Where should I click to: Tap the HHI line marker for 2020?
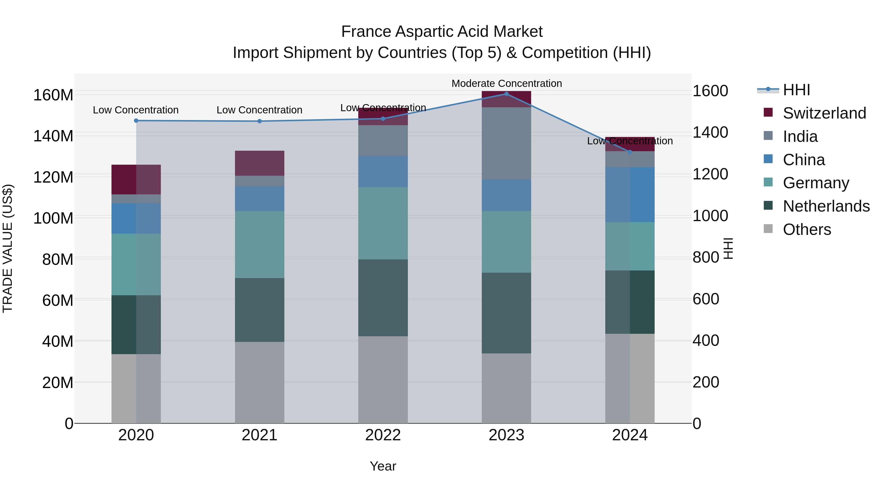[x=136, y=121]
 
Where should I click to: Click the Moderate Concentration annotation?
[x=507, y=83]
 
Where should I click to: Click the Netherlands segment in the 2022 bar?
[x=383, y=298]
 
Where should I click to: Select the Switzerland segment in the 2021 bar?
[x=260, y=163]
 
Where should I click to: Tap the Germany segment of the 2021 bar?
[x=260, y=244]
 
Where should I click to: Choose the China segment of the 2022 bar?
[x=383, y=172]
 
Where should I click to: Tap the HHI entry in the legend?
[x=796, y=90]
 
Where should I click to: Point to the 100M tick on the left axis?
[x=53, y=218]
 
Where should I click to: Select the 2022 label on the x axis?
[x=383, y=435]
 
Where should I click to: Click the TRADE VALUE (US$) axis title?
[x=8, y=248]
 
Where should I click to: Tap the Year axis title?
[x=383, y=466]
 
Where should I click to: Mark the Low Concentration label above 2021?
[x=260, y=110]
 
